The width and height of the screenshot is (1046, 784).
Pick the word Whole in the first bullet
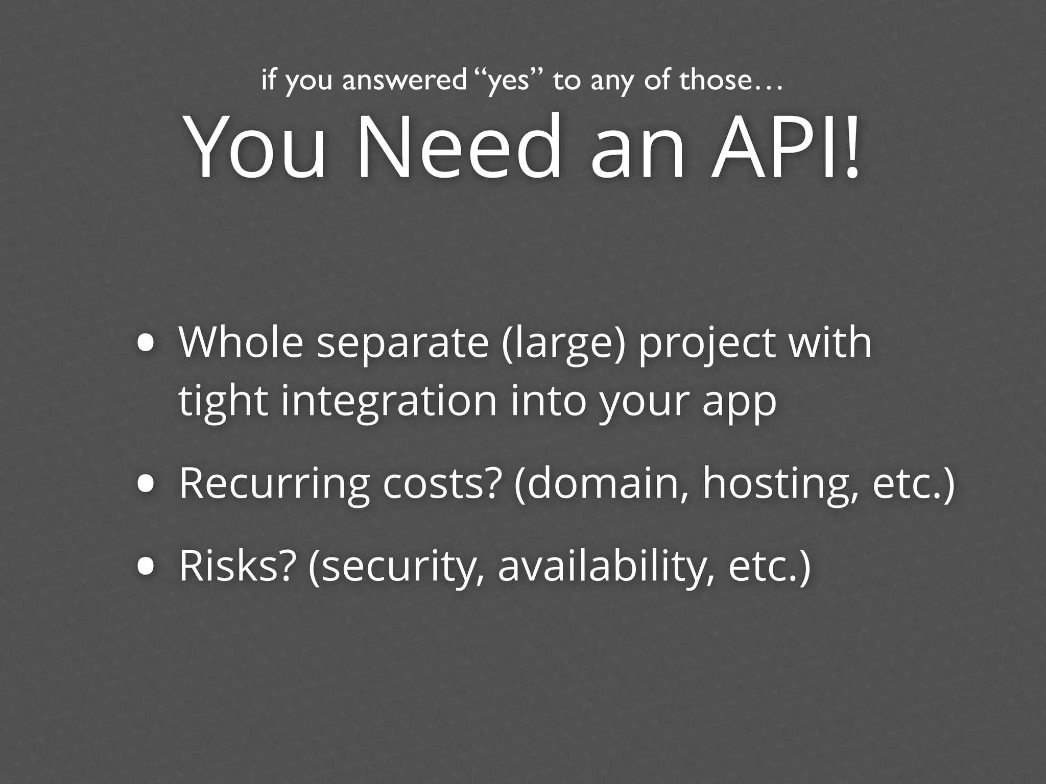(241, 343)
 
